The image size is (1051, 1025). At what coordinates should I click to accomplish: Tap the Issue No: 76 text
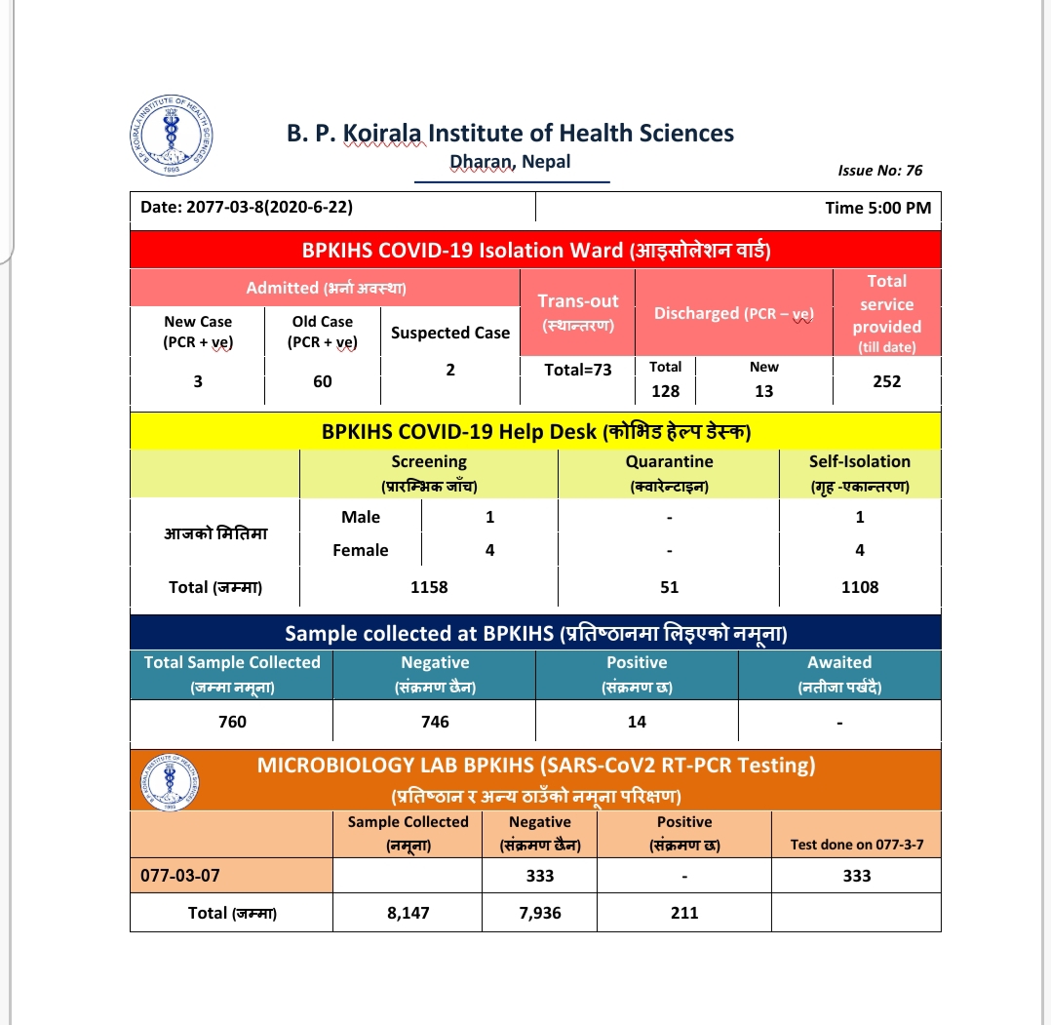[x=879, y=171]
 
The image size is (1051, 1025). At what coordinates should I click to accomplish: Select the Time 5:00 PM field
[x=877, y=208]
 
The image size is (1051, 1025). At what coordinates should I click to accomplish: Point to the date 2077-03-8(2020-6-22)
[x=247, y=208]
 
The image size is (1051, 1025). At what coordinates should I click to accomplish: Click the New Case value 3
[x=198, y=381]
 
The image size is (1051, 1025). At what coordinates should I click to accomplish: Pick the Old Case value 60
[x=323, y=381]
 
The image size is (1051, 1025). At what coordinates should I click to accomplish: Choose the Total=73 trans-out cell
[x=578, y=370]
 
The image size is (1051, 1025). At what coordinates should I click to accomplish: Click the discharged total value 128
[x=666, y=391]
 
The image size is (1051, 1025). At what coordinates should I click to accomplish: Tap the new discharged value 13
[x=764, y=391]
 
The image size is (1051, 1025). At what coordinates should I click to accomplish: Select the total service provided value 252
[x=887, y=381]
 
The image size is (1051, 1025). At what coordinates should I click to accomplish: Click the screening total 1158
[x=429, y=587]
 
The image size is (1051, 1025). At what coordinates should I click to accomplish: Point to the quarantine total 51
[x=669, y=587]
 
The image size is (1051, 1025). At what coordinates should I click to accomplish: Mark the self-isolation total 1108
[x=860, y=587]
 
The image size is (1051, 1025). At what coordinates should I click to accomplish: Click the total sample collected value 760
[x=232, y=722]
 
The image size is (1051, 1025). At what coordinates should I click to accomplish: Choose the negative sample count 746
[x=435, y=722]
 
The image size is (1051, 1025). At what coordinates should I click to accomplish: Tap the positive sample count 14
[x=637, y=722]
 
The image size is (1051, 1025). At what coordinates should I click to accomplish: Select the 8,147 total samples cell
[x=408, y=913]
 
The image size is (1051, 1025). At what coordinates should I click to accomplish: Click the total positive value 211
[x=684, y=913]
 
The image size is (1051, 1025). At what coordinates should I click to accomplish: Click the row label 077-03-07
[x=180, y=875]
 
